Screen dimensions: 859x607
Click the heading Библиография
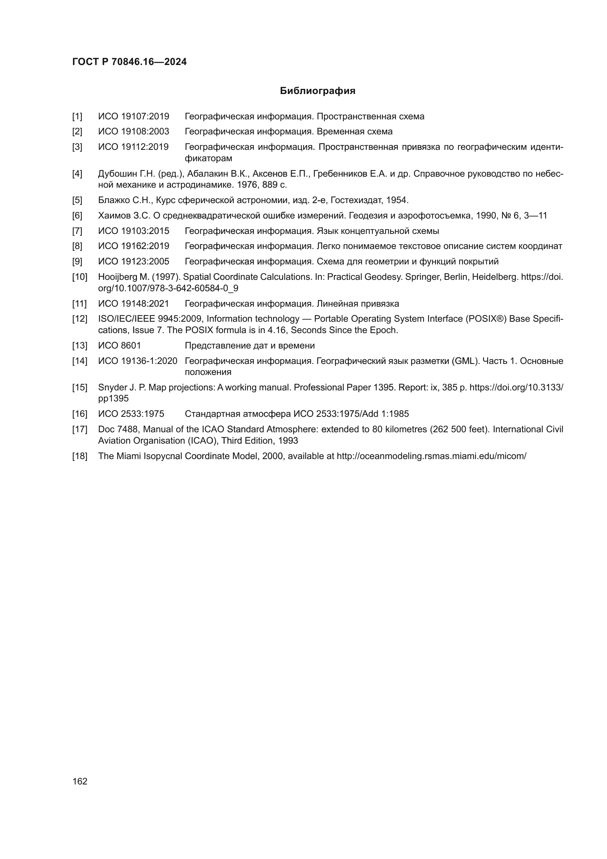pos(317,91)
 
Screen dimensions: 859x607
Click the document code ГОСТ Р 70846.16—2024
pos(129,62)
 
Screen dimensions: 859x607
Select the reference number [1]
pos(77,117)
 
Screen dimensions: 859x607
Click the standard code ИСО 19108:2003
pos(134,132)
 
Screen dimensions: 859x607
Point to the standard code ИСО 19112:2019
pos(134,147)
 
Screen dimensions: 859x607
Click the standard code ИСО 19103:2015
pos(134,231)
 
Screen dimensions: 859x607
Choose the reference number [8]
pos(77,246)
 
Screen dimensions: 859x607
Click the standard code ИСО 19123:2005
pos(134,261)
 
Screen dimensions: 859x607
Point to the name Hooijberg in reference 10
pos(117,277)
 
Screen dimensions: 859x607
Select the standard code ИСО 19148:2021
pos(134,304)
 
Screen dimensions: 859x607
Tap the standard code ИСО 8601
pos(120,346)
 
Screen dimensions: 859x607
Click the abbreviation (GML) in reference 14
pos(465,361)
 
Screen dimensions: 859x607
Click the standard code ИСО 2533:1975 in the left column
pos(131,414)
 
